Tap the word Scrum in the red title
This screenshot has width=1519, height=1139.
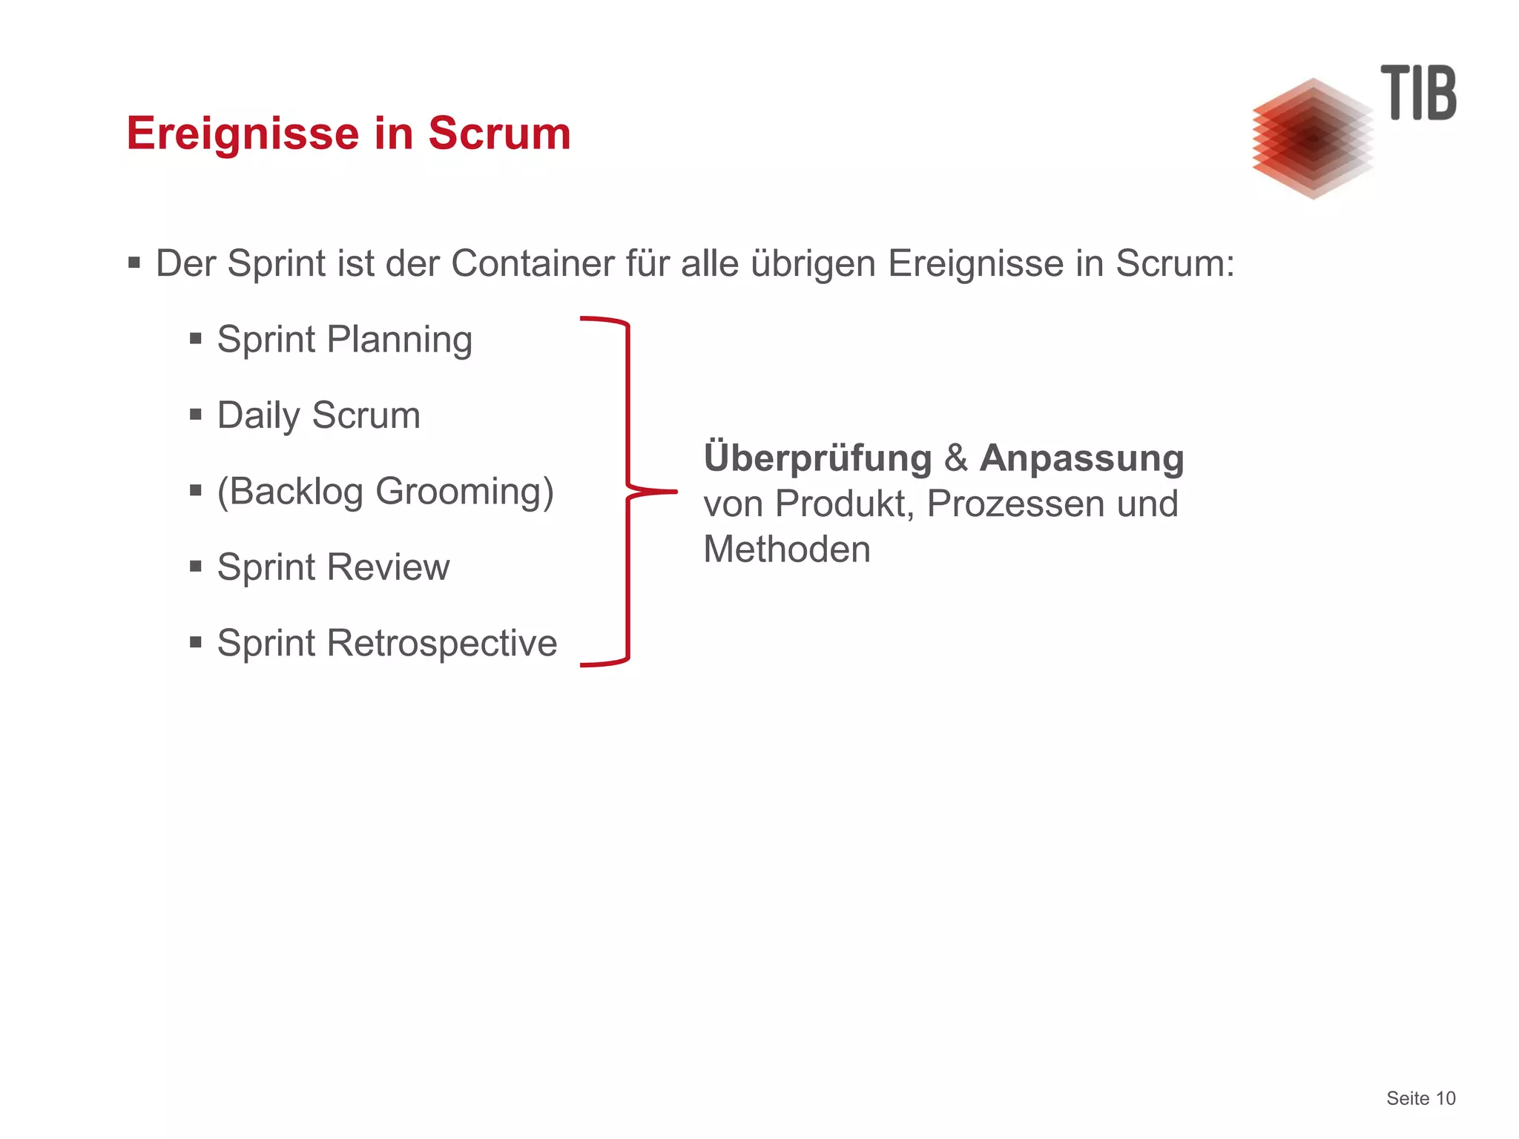pos(499,134)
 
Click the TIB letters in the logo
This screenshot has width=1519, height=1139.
pos(1417,93)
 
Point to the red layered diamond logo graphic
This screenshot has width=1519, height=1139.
pos(1312,139)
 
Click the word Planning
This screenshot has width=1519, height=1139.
pos(399,341)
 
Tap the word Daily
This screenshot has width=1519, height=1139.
pos(257,416)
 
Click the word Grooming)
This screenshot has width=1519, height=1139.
pos(464,492)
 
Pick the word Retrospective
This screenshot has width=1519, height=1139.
pos(441,644)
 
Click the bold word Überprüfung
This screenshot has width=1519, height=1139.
pos(817,458)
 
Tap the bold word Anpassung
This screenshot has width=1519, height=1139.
pos(1081,459)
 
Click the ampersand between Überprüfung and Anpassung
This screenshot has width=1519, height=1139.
pos(955,458)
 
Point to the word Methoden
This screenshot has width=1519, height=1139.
pos(786,550)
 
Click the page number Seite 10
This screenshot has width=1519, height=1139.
pos(1420,1098)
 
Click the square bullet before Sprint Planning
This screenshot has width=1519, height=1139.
pos(196,339)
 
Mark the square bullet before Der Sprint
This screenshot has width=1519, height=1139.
pos(134,263)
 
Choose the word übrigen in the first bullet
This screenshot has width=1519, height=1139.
pos(813,264)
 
